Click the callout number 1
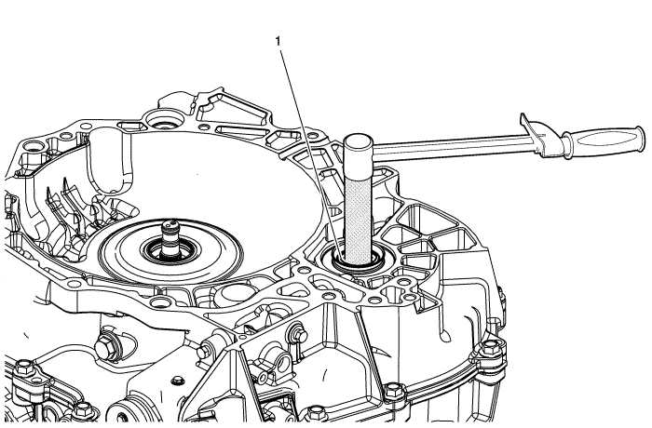pos(278,41)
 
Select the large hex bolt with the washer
pos(106,346)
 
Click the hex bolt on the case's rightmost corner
pos(492,347)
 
